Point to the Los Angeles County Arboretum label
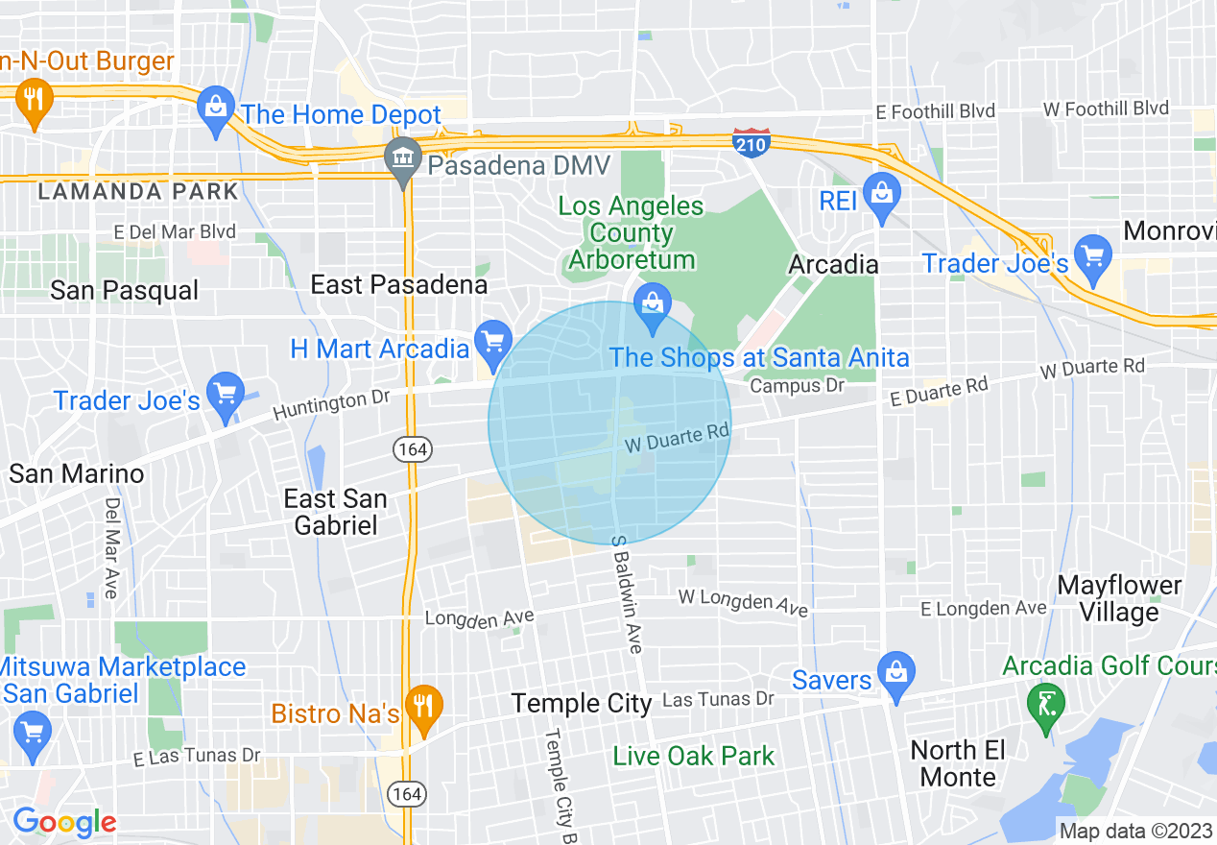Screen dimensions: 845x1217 tap(631, 232)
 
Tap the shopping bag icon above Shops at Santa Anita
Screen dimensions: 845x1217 tap(653, 307)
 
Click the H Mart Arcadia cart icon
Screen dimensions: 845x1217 tap(493, 342)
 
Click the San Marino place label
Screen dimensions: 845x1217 tap(77, 473)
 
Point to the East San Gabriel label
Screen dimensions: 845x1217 tap(336, 512)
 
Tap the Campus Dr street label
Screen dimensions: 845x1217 tap(797, 385)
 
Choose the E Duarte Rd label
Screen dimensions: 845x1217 tap(939, 392)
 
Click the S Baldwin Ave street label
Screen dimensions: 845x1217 tap(625, 594)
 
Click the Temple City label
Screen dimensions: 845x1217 tap(582, 703)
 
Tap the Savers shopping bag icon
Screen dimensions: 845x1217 tap(895, 673)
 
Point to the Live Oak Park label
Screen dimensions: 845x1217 tap(693, 756)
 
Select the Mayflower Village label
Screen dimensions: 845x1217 tap(1119, 598)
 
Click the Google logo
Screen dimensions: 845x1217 tap(63, 822)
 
